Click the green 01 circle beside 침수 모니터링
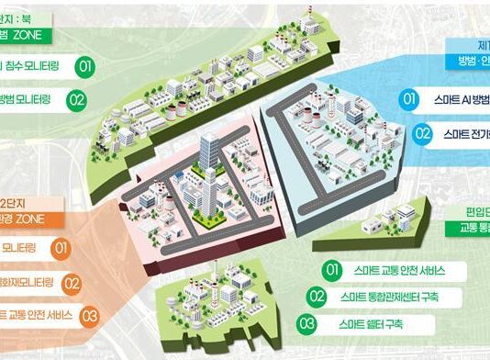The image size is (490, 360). pyautogui.click(x=84, y=66)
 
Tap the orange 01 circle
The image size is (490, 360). pyautogui.click(x=61, y=248)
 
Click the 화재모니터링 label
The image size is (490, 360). pyautogui.click(x=28, y=283)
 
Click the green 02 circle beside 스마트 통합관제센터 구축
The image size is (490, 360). pyautogui.click(x=317, y=298)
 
